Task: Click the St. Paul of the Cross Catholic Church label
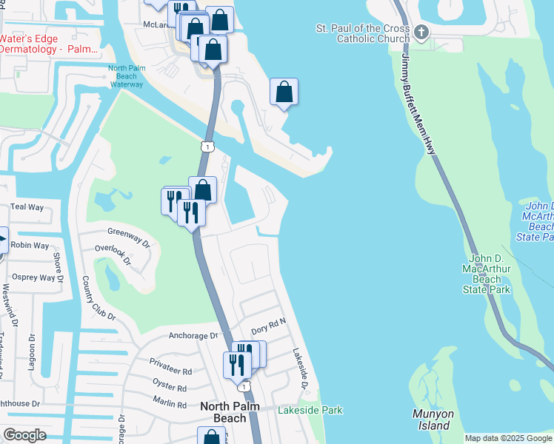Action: click(x=362, y=33)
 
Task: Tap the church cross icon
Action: click(x=421, y=33)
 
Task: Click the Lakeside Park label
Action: click(x=310, y=410)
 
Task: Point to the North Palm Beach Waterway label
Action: click(x=125, y=77)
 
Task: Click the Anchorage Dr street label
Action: click(x=193, y=335)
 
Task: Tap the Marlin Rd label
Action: click(x=171, y=404)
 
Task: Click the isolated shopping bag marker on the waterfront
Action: click(x=284, y=92)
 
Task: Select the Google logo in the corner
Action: click(x=24, y=435)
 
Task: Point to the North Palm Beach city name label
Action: click(x=224, y=412)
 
